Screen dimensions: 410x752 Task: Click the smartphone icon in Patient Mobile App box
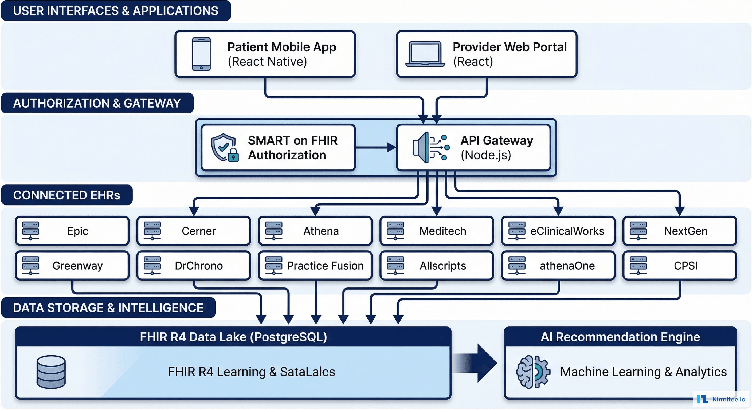(201, 54)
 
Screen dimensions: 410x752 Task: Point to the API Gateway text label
(496, 141)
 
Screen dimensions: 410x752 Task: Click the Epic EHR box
(72, 231)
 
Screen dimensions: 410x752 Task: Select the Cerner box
(194, 231)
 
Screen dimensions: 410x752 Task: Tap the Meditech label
(442, 231)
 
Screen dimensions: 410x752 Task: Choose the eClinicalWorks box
(558, 231)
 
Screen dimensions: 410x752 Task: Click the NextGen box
(680, 231)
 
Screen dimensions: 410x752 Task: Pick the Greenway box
(72, 266)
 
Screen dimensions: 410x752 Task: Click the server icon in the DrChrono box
(152, 265)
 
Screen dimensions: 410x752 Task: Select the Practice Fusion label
(325, 266)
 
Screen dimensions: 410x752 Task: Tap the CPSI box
(680, 266)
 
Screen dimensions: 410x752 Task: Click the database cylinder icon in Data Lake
(51, 372)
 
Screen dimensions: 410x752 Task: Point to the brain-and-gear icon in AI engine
(533, 372)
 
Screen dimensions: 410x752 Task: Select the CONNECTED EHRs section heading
(66, 195)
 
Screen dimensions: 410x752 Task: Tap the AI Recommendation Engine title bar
(620, 337)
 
